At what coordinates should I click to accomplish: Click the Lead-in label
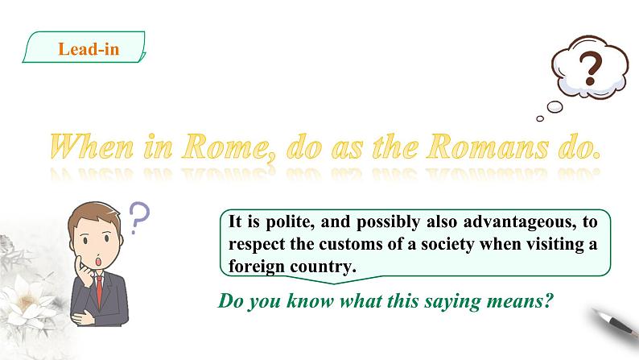(x=89, y=49)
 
